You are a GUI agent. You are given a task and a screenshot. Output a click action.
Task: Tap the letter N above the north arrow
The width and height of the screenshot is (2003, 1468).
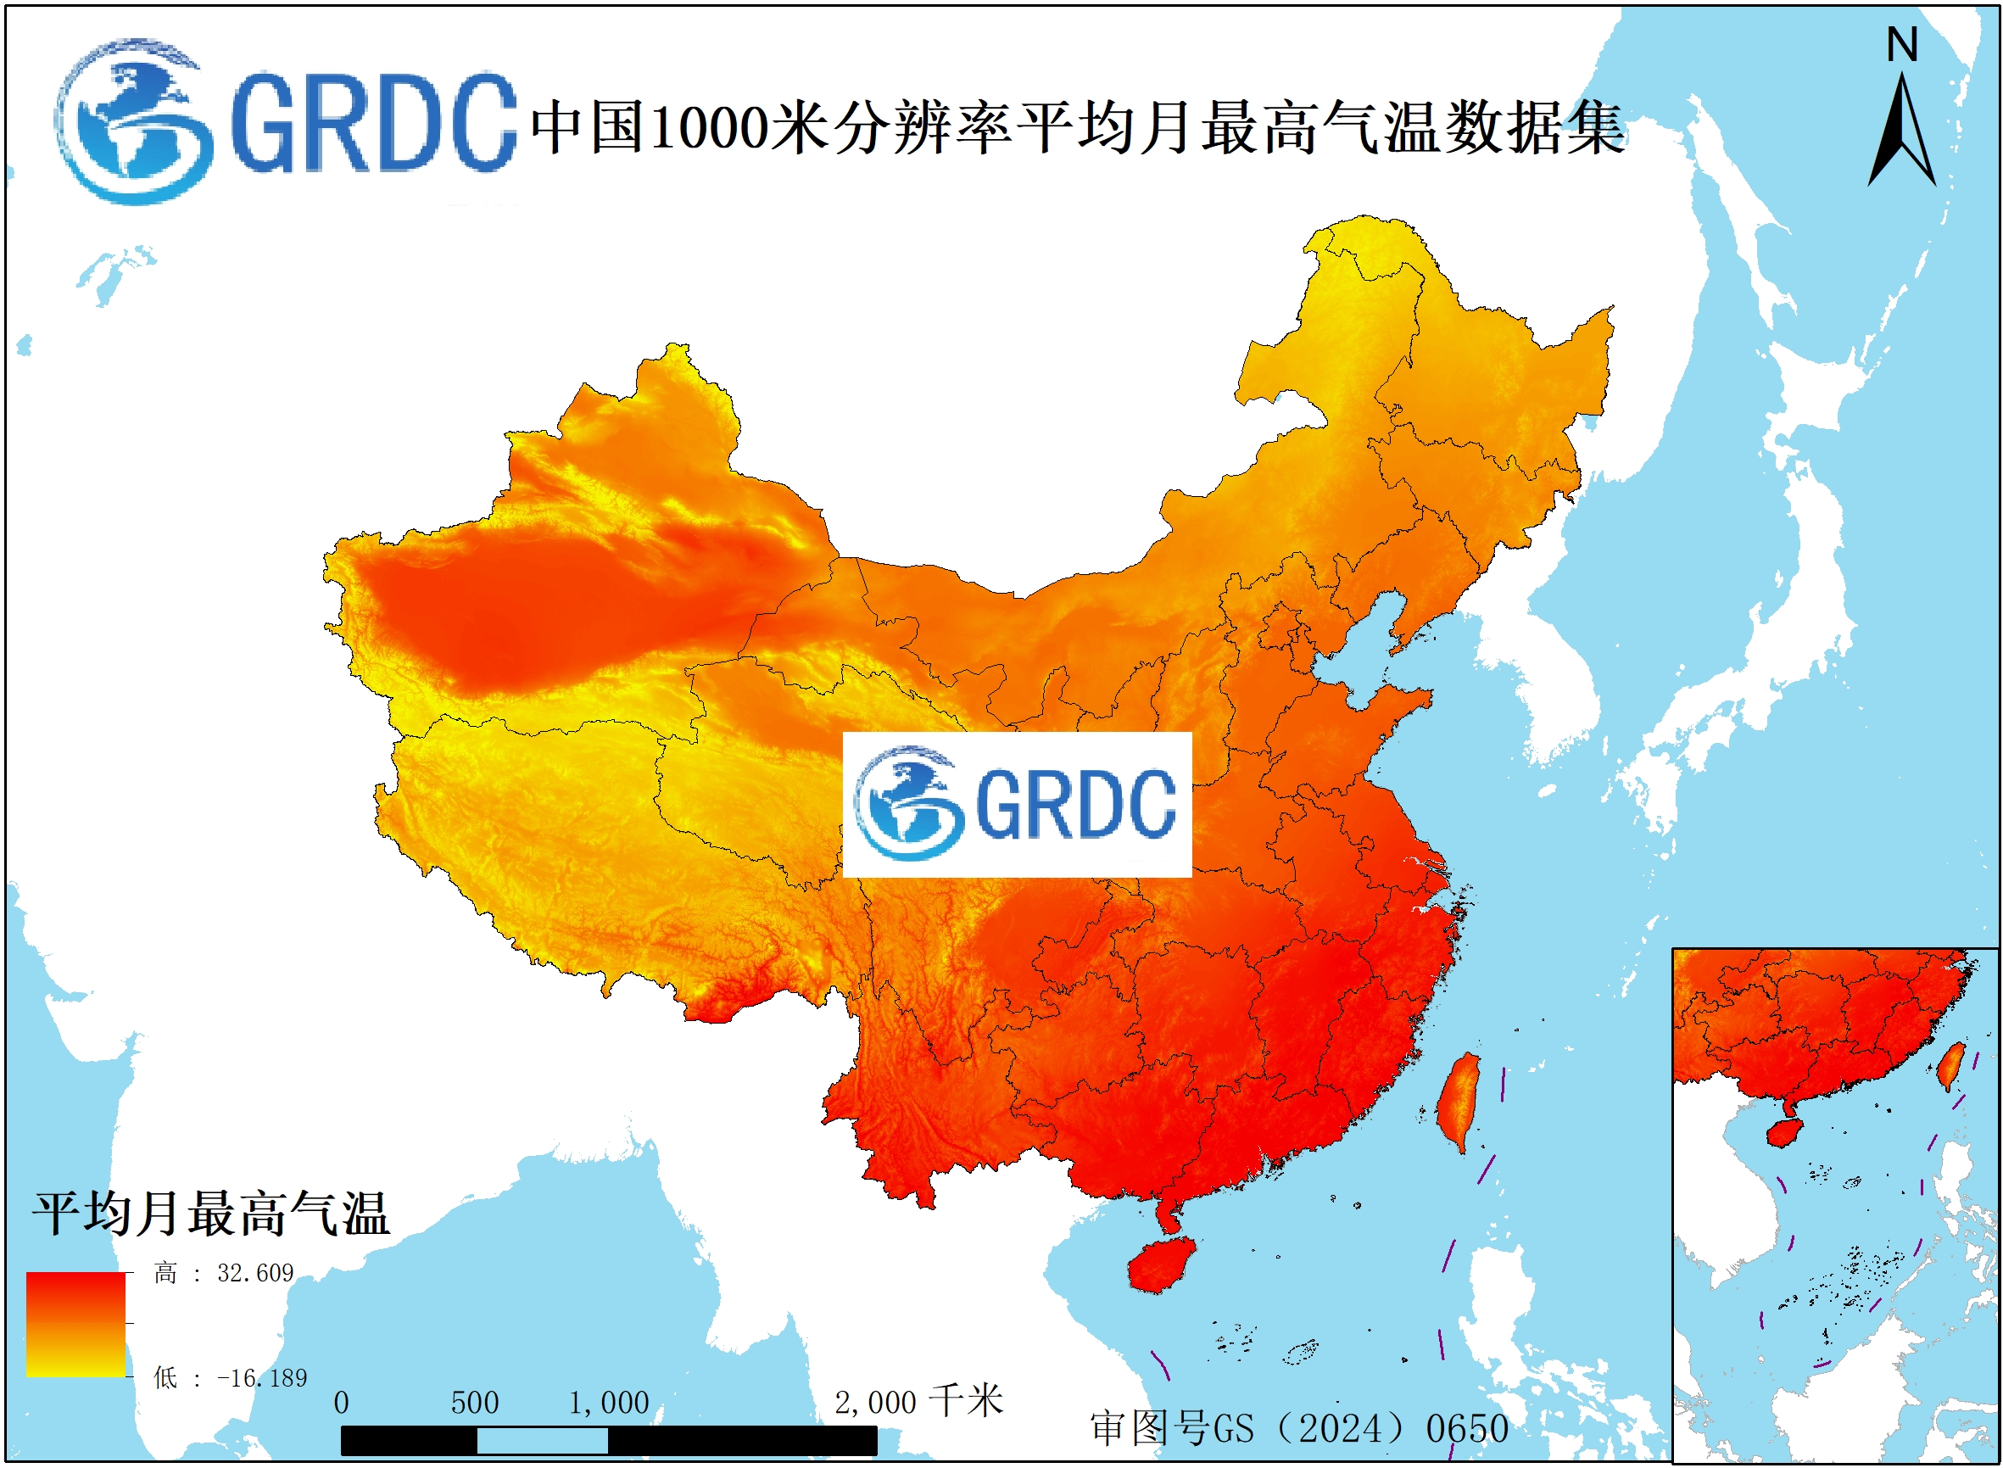(x=1902, y=44)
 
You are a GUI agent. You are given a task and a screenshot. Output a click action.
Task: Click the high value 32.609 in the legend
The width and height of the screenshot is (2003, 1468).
(x=254, y=1274)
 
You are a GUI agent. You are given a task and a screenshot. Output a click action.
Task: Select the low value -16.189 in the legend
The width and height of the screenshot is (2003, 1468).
(x=262, y=1378)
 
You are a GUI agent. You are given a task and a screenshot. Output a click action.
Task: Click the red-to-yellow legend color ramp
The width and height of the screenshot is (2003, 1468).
(x=75, y=1324)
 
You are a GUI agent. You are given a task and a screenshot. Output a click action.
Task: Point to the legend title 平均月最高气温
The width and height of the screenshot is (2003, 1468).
(x=211, y=1214)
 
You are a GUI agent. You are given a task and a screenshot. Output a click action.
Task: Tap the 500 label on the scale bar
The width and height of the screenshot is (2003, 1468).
(x=475, y=1404)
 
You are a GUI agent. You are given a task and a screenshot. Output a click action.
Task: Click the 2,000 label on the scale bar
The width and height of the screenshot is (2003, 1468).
(x=874, y=1404)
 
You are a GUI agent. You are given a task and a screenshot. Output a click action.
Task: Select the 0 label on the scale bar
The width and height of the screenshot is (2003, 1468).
(x=341, y=1404)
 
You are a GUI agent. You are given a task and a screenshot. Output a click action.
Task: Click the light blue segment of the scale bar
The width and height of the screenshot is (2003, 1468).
(x=542, y=1441)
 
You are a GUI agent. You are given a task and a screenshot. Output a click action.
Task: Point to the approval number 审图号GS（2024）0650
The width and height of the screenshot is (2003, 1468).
(x=1299, y=1429)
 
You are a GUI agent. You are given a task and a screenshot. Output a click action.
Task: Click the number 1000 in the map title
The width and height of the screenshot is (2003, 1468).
(x=709, y=127)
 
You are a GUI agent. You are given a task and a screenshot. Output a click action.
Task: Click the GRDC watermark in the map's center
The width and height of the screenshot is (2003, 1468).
(x=1017, y=804)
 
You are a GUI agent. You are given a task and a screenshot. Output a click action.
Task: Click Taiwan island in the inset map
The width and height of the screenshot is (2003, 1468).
(x=1950, y=1065)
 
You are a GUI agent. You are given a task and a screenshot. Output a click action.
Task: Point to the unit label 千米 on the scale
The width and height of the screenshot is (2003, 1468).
(x=967, y=1401)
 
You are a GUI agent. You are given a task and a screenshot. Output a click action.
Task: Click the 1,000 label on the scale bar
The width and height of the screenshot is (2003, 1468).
(x=609, y=1404)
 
